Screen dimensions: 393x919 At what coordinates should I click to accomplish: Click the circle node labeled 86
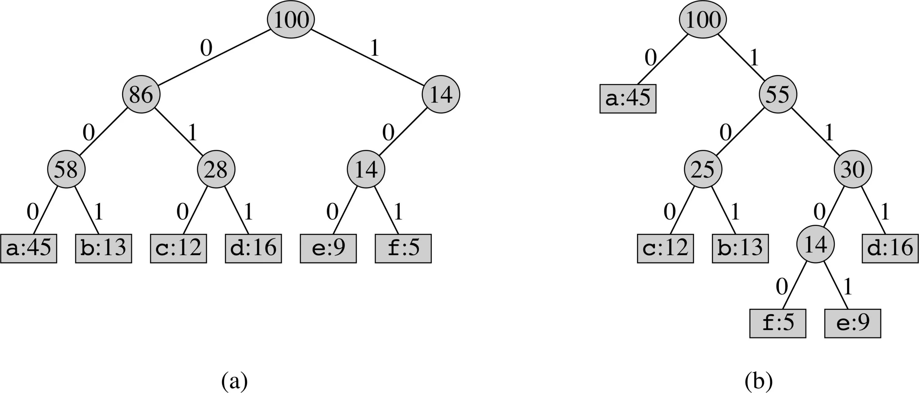pyautogui.click(x=141, y=95)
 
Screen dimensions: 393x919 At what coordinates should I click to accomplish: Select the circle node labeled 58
pyautogui.click(x=66, y=169)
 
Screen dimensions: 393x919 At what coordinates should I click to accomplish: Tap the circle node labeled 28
pyautogui.click(x=216, y=169)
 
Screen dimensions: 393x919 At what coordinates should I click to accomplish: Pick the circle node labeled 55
pyautogui.click(x=778, y=95)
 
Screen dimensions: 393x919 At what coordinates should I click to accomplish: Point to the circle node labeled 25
pyautogui.click(x=703, y=169)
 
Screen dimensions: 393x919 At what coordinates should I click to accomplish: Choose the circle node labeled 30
pyautogui.click(x=853, y=169)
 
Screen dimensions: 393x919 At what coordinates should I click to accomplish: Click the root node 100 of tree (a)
pyautogui.click(x=291, y=20)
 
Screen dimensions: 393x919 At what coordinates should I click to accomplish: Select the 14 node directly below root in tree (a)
pyautogui.click(x=441, y=95)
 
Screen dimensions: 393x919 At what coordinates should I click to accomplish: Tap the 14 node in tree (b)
pyautogui.click(x=815, y=244)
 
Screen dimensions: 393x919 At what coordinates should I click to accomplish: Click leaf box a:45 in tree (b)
pyautogui.click(x=628, y=98)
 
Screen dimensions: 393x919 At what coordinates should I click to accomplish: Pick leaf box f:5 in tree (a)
pyautogui.click(x=403, y=248)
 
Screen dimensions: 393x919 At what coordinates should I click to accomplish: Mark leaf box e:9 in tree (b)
pyautogui.click(x=853, y=323)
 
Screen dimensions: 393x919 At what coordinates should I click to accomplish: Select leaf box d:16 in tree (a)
pyautogui.click(x=253, y=248)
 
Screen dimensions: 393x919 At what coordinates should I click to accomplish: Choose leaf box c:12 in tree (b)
pyautogui.click(x=665, y=248)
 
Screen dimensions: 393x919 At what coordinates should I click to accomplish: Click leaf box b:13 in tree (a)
pyautogui.click(x=104, y=248)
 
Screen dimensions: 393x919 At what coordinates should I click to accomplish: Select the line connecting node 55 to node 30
pyautogui.click(x=815, y=132)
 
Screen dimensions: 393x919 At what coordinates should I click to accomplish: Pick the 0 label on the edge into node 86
pyautogui.click(x=206, y=48)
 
